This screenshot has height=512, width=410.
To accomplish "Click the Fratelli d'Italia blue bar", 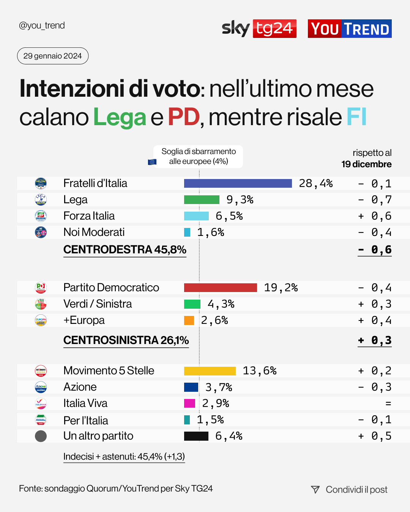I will (x=238, y=184).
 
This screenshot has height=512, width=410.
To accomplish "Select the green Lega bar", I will (x=202, y=200).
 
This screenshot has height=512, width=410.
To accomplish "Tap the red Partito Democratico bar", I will (x=220, y=287).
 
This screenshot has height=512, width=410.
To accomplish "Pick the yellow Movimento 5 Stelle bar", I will (x=210, y=371).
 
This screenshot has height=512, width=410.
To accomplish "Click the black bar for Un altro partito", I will (x=196, y=436).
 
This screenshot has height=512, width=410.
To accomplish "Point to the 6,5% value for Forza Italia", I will (x=229, y=216).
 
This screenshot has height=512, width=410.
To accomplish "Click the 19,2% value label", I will (x=281, y=288).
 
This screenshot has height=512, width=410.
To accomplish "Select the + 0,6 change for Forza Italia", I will (x=375, y=216).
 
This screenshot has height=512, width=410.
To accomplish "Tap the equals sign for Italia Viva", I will (x=388, y=404).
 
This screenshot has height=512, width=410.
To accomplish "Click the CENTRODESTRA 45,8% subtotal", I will (x=125, y=250).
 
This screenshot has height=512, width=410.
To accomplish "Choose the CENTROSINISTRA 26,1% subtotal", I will (x=126, y=340).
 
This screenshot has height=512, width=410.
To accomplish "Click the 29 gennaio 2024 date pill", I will (x=53, y=56).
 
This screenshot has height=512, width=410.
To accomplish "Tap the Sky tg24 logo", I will (x=259, y=28).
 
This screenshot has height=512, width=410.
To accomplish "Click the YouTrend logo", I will (x=349, y=29).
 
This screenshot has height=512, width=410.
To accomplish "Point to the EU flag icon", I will (x=152, y=162).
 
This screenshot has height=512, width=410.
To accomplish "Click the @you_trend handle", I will (x=42, y=25).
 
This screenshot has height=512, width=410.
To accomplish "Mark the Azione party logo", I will (x=41, y=387).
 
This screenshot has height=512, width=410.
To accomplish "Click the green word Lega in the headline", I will (x=120, y=117).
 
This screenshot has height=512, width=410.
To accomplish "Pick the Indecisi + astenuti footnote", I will (x=124, y=457).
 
